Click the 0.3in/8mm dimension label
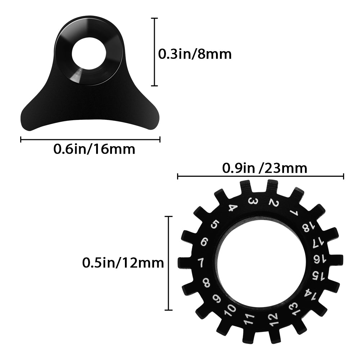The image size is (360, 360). pyautogui.click(x=195, y=54)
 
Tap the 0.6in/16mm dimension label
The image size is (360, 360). pyautogui.click(x=94, y=149)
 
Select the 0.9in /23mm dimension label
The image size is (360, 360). pyautogui.click(x=265, y=168)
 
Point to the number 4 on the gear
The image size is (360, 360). pyautogui.click(x=233, y=208)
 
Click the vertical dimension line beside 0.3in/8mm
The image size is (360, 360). pyautogui.click(x=154, y=52)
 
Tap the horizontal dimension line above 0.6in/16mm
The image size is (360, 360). pyautogui.click(x=90, y=140)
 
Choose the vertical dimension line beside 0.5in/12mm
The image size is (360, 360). pyautogui.click(x=168, y=263)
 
